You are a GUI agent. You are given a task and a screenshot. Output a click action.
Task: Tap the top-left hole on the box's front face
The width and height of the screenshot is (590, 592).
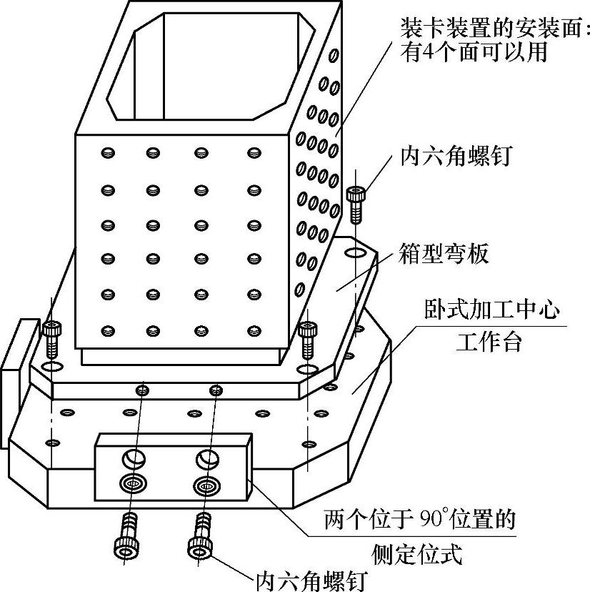(108, 152)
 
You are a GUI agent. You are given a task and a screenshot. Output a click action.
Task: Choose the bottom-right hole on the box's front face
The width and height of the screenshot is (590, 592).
(255, 330)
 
